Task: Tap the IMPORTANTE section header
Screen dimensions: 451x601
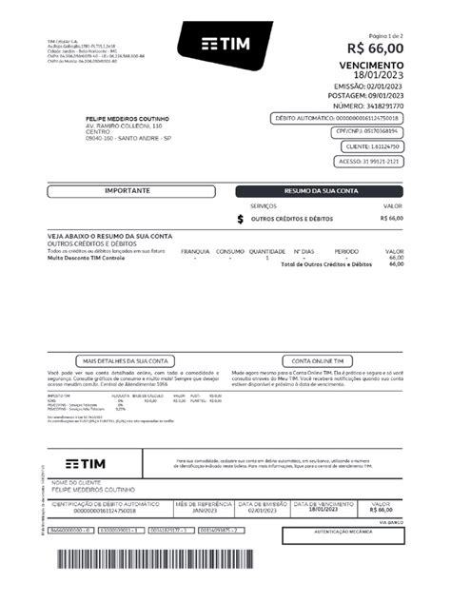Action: (127, 191)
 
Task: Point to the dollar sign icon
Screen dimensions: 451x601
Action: (240, 219)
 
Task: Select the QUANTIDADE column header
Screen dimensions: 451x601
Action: (267, 251)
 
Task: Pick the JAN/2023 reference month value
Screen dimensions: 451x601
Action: (204, 509)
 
